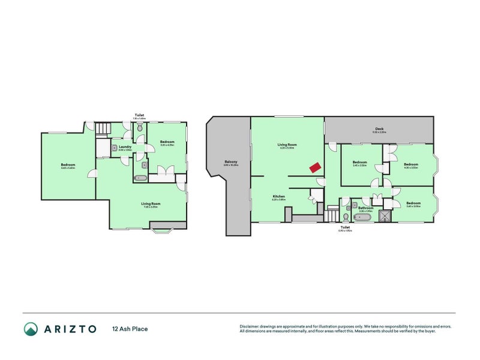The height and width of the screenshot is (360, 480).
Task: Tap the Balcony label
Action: tap(232, 161)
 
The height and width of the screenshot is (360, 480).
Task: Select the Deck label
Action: tap(379, 128)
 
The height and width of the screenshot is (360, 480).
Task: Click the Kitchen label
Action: tap(278, 196)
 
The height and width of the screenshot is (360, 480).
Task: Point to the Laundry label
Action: tap(125, 146)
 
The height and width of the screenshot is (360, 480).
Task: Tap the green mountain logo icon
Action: tap(31, 329)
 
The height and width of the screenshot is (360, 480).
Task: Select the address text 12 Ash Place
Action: tap(130, 329)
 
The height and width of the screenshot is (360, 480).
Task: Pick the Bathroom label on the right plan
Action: tap(365, 208)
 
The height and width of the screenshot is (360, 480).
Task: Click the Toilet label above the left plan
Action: tap(139, 115)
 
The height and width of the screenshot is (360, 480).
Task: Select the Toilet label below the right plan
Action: tap(345, 227)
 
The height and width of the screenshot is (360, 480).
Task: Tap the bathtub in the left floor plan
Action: tap(139, 178)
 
